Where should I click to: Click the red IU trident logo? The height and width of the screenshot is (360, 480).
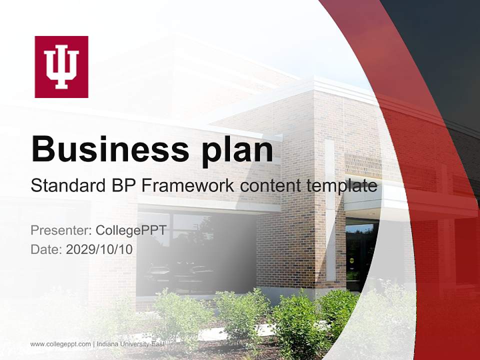click(61, 67)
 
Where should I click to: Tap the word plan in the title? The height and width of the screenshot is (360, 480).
click(237, 150)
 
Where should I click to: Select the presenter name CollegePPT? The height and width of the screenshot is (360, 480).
click(131, 230)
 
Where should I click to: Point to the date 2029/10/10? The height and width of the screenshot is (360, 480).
click(99, 249)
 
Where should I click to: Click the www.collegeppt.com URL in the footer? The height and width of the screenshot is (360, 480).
click(60, 344)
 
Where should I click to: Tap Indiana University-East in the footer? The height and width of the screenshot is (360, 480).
click(130, 344)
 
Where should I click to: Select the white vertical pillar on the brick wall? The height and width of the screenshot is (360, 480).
click(329, 210)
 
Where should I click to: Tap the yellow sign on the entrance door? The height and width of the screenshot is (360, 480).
click(351, 260)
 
